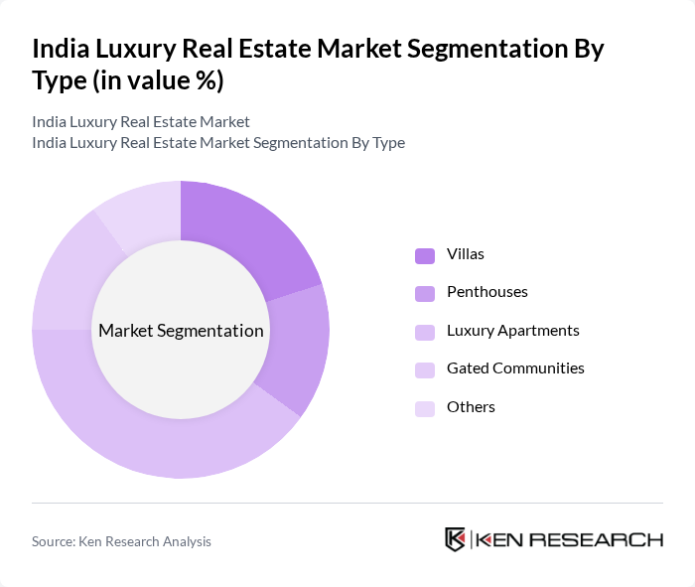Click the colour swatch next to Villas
(x=425, y=255)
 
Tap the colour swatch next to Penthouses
(x=425, y=293)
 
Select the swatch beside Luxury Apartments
(x=425, y=331)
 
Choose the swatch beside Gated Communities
(x=425, y=368)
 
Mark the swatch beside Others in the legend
(x=425, y=407)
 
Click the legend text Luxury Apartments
(x=513, y=331)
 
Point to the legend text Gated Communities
(x=515, y=368)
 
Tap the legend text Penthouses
(x=486, y=293)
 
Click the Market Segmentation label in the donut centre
(x=181, y=331)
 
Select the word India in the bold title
(x=61, y=49)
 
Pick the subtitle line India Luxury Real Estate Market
(x=141, y=122)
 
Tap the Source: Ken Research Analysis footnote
(x=121, y=541)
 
